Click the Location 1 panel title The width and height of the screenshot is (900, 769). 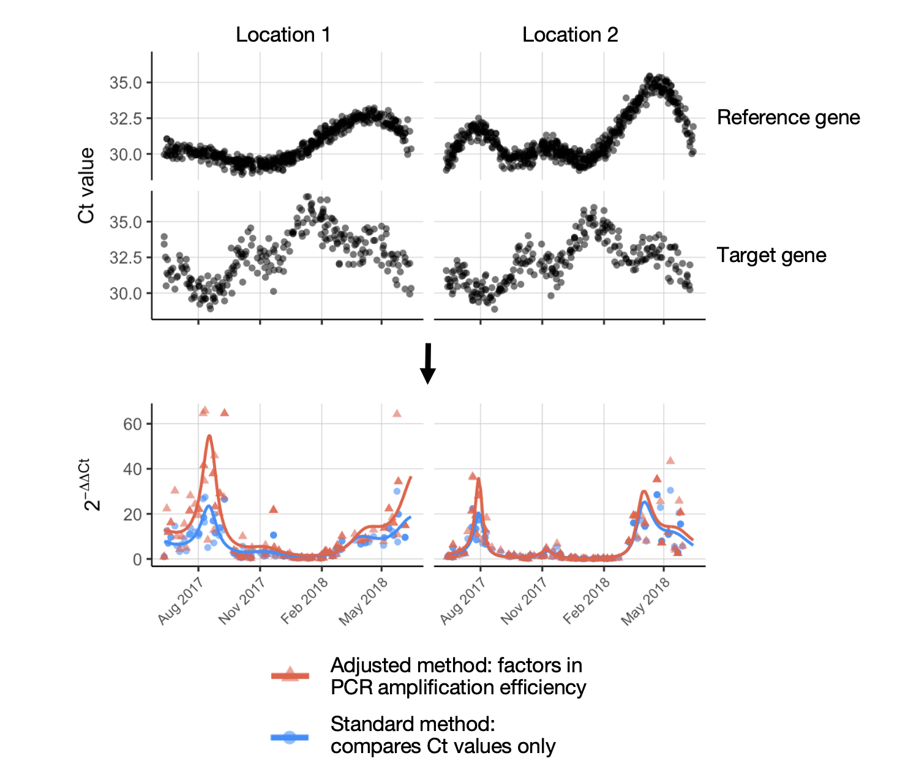pos(283,35)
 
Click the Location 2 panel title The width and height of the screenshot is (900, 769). pos(570,35)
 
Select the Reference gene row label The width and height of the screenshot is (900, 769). pos(788,118)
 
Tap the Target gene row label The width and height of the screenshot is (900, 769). pos(771,255)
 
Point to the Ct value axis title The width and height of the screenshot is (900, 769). pos(87,186)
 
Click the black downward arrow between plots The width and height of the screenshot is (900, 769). pos(428,363)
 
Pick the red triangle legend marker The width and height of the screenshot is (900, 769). pos(290,675)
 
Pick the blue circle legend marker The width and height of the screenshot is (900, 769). pos(290,737)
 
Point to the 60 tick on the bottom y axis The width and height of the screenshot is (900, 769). pos(132,424)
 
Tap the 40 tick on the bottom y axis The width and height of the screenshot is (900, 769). pos(132,469)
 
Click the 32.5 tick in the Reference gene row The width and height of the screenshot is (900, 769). pos(126,118)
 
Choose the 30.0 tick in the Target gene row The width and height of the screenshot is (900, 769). pos(126,293)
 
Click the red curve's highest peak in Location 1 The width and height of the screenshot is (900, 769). pos(209,435)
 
